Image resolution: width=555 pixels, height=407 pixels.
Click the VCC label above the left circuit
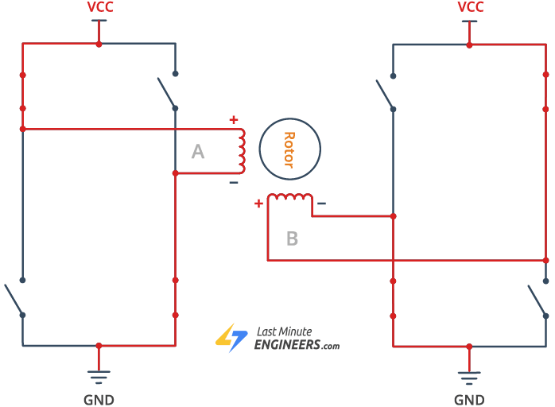pos(99,7)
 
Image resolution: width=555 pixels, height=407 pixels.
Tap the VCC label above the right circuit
pos(470,7)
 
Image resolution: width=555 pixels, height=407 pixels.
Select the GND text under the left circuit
pos(99,400)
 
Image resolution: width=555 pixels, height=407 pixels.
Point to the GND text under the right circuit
pos(469,400)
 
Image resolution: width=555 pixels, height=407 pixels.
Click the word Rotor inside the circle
pos(289,149)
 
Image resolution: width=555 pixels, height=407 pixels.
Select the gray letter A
pos(198,151)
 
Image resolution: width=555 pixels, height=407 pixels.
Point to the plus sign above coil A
pos(233,120)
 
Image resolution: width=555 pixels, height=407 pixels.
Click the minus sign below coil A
pos(233,183)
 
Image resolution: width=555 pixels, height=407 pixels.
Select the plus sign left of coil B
pos(258,203)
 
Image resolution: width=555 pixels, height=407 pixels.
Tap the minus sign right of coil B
pos(321,203)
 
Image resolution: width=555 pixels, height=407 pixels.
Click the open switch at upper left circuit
pos(167,91)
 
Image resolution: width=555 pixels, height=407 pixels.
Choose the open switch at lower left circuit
pos(14,298)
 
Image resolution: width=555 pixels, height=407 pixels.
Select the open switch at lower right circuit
pos(538,298)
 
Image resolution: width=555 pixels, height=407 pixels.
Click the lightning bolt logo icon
pos(231,339)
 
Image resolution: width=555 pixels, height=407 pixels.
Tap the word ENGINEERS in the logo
pos(287,345)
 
